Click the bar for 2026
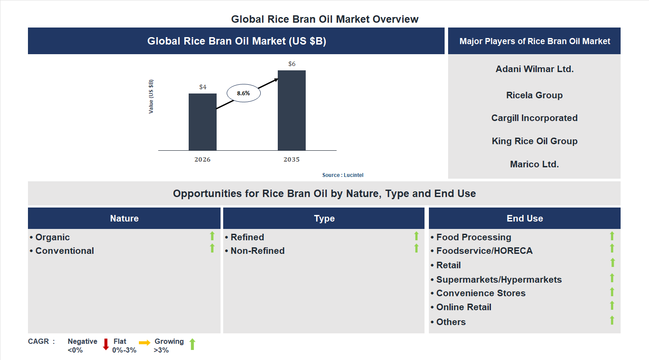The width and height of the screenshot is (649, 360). click(202, 122)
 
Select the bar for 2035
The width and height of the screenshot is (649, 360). click(291, 111)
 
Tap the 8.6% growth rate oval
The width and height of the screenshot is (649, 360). click(243, 93)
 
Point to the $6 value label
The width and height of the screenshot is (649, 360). click(292, 64)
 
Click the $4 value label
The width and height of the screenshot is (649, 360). click(203, 87)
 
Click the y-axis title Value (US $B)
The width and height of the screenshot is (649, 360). click(151, 97)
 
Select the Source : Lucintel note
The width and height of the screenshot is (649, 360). click(342, 175)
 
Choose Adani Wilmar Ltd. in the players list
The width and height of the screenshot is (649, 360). click(534, 69)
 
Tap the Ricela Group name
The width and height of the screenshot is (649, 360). click(534, 95)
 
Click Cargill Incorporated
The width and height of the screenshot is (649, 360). click(534, 118)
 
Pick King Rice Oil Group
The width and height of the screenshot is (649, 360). click(534, 141)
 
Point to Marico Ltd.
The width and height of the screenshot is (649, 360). click(534, 164)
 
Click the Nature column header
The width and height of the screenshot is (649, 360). click(124, 218)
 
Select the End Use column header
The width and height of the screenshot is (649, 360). click(525, 218)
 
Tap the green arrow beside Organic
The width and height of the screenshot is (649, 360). click(212, 236)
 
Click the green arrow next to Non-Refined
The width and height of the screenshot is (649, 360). click(416, 248)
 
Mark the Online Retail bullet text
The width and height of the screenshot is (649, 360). click(463, 307)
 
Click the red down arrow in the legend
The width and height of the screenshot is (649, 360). click(106, 344)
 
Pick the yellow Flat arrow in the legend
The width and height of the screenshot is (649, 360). click(145, 343)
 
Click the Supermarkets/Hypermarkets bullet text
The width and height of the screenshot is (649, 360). click(499, 280)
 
